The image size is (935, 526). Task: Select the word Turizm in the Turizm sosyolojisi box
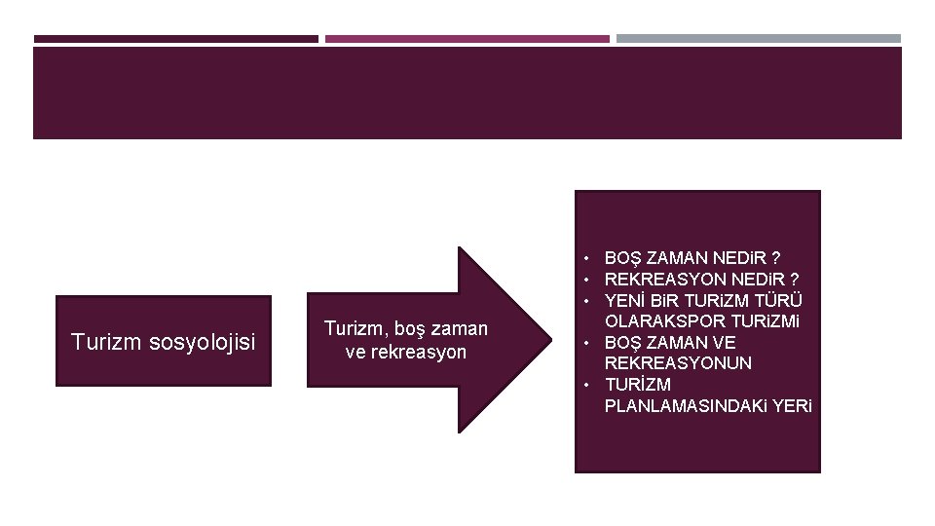click(x=104, y=342)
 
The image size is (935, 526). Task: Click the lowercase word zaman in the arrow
click(x=461, y=329)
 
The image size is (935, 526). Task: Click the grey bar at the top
click(x=759, y=39)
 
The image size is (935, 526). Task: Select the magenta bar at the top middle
click(x=467, y=39)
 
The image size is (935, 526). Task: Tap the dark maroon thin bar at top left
click(x=176, y=39)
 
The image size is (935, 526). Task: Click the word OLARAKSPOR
click(x=658, y=321)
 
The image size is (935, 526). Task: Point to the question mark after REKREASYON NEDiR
click(x=796, y=280)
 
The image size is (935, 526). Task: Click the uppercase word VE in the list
click(x=724, y=343)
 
